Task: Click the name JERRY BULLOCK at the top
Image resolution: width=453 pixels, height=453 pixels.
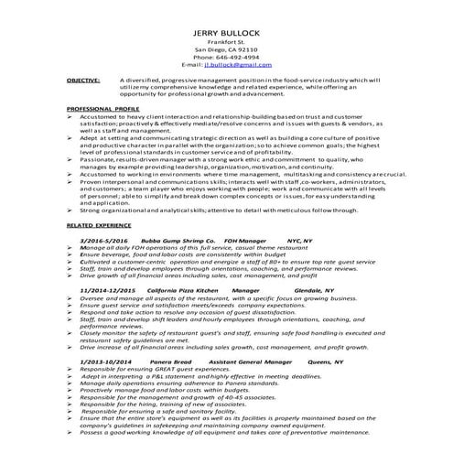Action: (x=226, y=33)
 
